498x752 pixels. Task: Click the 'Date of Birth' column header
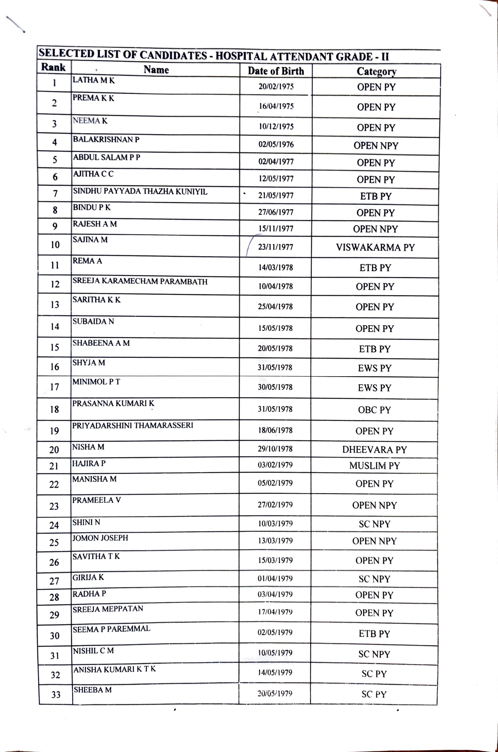276,71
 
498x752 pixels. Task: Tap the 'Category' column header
376,72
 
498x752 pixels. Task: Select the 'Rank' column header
54,67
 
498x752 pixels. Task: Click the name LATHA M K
94,80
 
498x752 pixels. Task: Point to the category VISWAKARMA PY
375,248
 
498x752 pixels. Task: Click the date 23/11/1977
276,247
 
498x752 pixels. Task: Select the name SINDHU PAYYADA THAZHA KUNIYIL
140,191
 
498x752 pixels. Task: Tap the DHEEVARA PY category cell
374,449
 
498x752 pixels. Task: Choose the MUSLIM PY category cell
374,466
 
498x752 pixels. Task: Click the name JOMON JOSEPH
100,538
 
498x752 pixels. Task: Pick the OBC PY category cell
374,410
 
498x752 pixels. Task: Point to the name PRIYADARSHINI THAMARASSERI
133,425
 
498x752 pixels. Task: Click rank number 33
56,695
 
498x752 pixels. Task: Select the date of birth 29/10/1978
275,449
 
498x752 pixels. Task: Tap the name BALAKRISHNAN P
106,139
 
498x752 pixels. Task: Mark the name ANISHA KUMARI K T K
115,669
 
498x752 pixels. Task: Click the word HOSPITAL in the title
240,57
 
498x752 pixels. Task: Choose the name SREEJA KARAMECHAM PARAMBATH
140,282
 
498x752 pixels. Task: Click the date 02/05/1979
275,632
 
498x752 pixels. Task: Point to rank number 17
54,387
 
